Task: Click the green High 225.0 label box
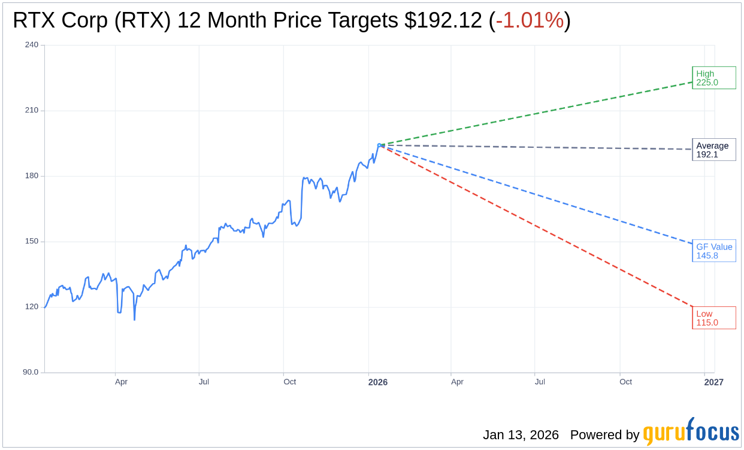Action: click(713, 78)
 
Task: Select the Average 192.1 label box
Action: click(713, 150)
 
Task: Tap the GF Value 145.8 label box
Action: click(713, 251)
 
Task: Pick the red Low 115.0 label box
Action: click(713, 318)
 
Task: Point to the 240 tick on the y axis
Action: click(32, 45)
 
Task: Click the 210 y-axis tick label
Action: click(32, 110)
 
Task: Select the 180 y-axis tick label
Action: click(32, 176)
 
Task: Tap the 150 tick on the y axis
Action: click(32, 241)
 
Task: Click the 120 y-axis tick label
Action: click(32, 306)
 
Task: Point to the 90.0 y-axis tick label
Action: click(31, 372)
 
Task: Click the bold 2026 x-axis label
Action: click(378, 382)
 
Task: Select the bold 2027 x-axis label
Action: click(713, 382)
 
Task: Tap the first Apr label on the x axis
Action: click(121, 382)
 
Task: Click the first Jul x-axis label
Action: click(204, 382)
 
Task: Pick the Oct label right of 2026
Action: click(625, 382)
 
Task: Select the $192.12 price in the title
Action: click(443, 20)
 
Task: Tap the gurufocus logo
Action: click(691, 433)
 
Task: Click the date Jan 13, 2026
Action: click(521, 435)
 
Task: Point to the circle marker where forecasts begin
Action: click(379, 145)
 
